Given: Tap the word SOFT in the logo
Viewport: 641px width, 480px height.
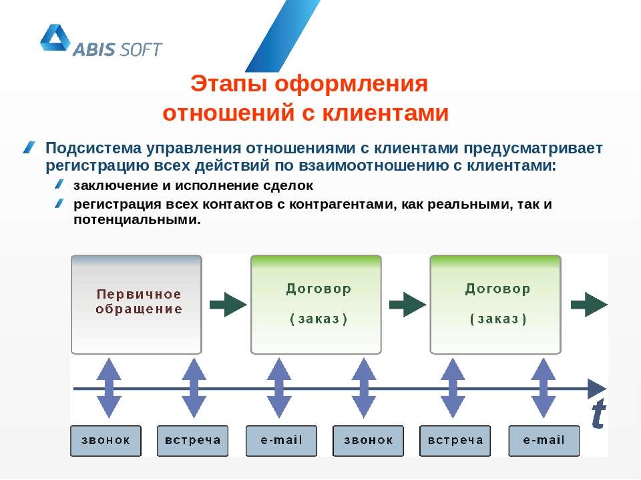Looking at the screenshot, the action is pyautogui.click(x=141, y=49).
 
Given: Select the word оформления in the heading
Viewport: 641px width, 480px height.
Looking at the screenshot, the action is pyautogui.click(x=351, y=84).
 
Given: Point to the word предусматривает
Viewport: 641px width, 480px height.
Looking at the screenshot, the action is pyautogui.click(x=533, y=148).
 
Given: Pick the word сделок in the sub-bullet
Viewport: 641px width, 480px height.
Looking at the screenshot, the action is pyautogui.click(x=288, y=186).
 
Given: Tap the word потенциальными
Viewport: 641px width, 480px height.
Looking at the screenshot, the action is pyautogui.click(x=137, y=220).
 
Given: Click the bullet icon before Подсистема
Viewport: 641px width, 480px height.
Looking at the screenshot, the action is pyautogui.click(x=29, y=147).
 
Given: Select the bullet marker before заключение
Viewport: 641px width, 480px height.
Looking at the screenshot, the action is pyautogui.click(x=59, y=185).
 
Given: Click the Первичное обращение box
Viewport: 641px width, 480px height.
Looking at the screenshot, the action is pyautogui.click(x=136, y=305).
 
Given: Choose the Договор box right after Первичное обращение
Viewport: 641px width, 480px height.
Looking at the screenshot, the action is pyautogui.click(x=316, y=305).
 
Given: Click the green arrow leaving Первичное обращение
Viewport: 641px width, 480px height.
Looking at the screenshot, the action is pyautogui.click(x=228, y=305).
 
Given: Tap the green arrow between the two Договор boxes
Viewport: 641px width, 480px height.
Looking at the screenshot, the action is pyautogui.click(x=407, y=305).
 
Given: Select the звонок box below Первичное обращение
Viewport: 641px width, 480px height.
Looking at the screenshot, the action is pyautogui.click(x=106, y=441).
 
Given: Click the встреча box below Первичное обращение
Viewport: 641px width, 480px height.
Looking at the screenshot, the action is pyautogui.click(x=192, y=441).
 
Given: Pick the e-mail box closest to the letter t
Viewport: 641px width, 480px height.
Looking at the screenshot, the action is pyautogui.click(x=544, y=441).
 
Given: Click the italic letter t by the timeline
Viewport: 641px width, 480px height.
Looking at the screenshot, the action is pyautogui.click(x=599, y=413).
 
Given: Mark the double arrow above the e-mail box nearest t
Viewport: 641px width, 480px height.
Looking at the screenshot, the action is pyautogui.click(x=543, y=388).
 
